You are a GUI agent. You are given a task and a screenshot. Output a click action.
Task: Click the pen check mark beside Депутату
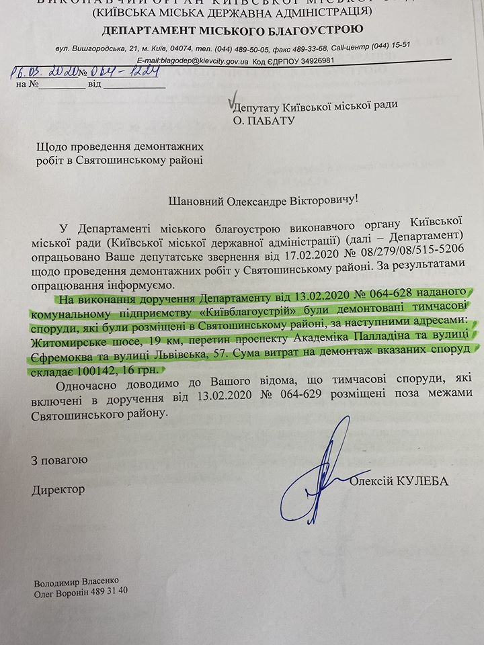pos(233,99)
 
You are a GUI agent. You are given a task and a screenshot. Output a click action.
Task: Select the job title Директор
pos(58,489)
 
